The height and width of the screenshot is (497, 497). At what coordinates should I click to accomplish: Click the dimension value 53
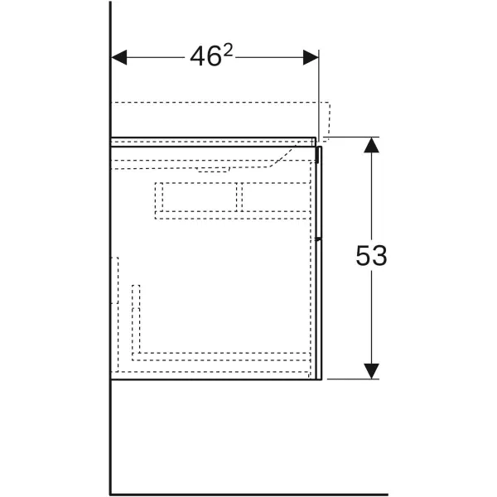point(371,255)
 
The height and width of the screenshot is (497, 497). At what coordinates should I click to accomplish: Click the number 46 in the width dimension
point(205,56)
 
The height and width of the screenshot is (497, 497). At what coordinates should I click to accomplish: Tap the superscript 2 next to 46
point(228,51)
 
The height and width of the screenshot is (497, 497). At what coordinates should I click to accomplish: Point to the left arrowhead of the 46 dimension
point(119,57)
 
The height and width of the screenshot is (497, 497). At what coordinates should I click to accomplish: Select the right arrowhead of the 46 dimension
point(311,57)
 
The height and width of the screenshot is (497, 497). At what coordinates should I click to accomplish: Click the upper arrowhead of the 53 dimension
point(371,145)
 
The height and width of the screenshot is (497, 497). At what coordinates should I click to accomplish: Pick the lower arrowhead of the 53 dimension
point(371,371)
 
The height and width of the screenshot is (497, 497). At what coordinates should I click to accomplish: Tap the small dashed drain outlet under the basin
point(214,170)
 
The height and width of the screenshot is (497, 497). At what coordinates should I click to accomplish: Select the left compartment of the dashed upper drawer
point(200,197)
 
